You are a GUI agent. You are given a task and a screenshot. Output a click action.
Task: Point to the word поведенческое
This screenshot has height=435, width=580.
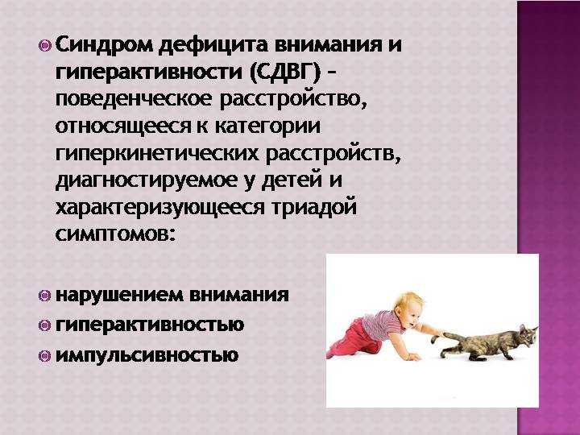(x=134, y=100)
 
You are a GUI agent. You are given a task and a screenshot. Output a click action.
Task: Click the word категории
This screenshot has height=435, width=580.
(x=267, y=126)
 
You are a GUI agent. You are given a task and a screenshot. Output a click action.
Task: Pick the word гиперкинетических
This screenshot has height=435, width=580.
(x=157, y=154)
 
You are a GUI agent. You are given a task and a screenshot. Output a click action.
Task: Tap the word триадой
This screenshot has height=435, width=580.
(x=313, y=207)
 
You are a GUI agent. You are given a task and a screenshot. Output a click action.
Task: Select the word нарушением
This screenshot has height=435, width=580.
(x=118, y=295)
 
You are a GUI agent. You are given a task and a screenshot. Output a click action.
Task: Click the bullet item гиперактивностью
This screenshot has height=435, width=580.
(x=150, y=325)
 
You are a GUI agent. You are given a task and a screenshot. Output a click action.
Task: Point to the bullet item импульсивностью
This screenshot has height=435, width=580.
(x=147, y=356)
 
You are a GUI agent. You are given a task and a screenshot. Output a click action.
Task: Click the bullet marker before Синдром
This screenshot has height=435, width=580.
(x=45, y=46)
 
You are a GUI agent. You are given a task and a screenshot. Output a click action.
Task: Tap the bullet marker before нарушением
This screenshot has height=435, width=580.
(x=44, y=296)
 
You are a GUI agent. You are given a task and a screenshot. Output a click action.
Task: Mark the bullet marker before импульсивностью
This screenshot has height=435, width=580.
(x=44, y=356)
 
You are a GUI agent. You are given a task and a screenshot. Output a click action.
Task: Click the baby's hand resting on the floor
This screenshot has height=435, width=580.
(x=413, y=357)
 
